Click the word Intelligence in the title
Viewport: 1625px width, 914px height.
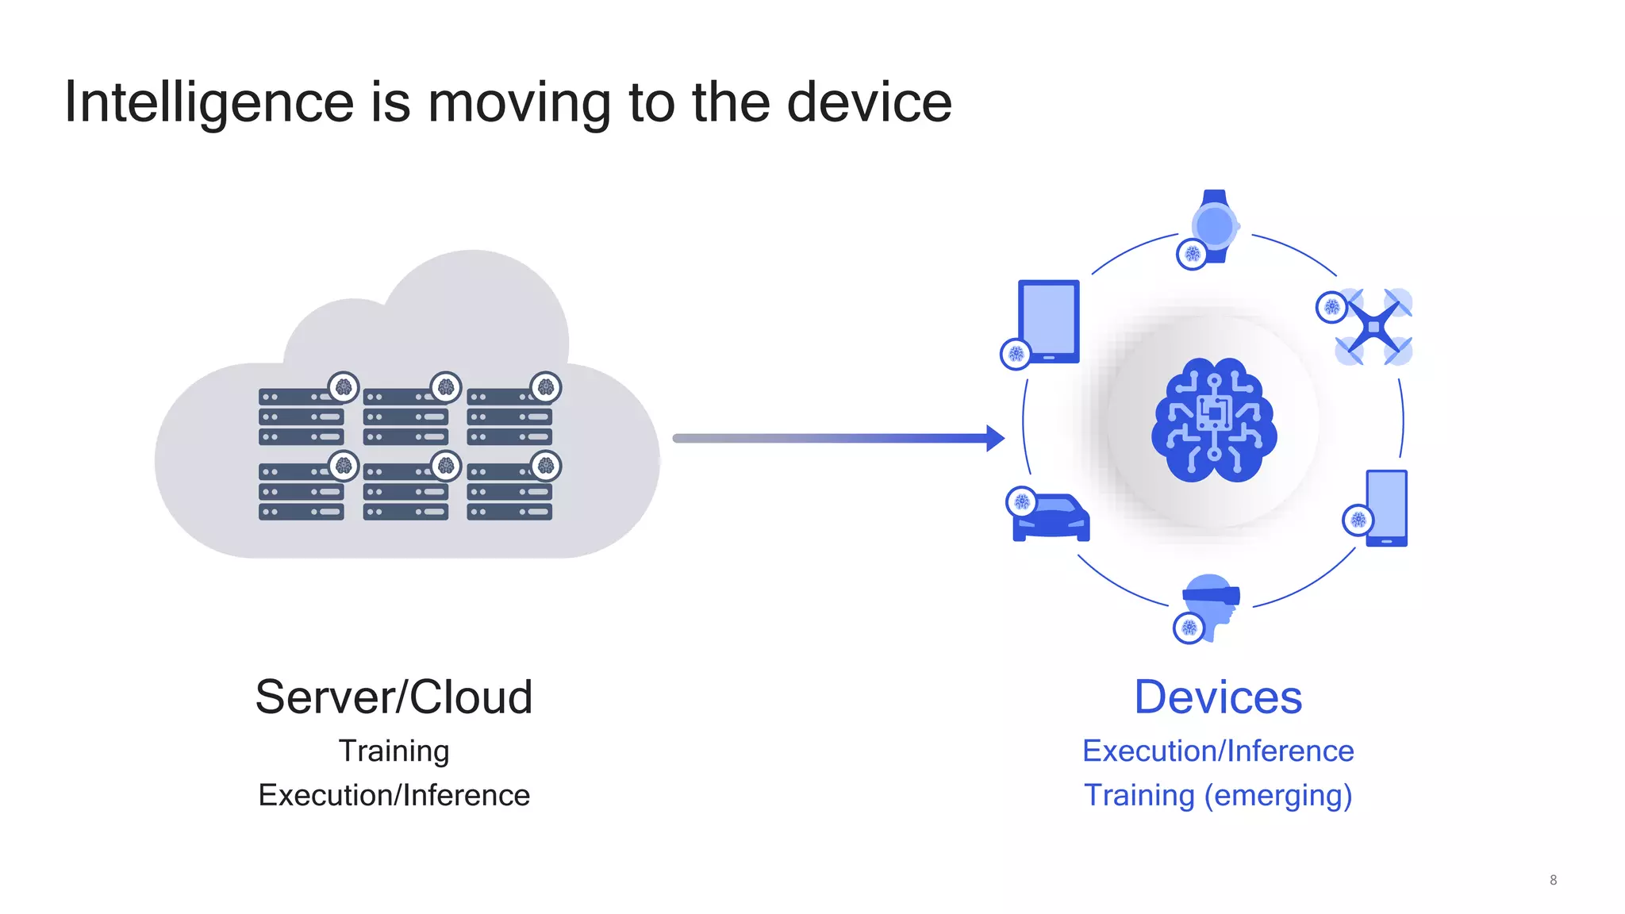click(x=209, y=103)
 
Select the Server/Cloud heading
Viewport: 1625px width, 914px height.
click(x=394, y=697)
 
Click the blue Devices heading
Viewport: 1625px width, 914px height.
click(x=1218, y=697)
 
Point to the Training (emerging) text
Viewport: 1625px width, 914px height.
click(x=1218, y=795)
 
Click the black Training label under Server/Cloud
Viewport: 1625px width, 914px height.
click(x=394, y=751)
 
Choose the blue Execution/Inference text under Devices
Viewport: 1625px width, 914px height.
click(x=1218, y=751)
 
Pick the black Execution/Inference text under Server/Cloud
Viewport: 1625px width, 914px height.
click(x=394, y=795)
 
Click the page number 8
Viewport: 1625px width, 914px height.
click(x=1553, y=880)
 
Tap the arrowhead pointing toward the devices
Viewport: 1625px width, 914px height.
click(x=995, y=438)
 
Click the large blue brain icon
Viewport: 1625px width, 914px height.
click(x=1214, y=420)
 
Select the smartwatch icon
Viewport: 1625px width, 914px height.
click(x=1215, y=226)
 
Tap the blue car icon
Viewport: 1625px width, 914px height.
click(x=1052, y=518)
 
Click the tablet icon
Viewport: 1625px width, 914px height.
click(x=1049, y=321)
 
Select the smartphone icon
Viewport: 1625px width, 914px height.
click(x=1386, y=508)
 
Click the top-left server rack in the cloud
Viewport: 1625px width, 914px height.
click(x=302, y=417)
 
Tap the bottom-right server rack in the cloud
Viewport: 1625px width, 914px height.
click(x=509, y=492)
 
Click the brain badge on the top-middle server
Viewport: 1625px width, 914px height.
click(x=446, y=387)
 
